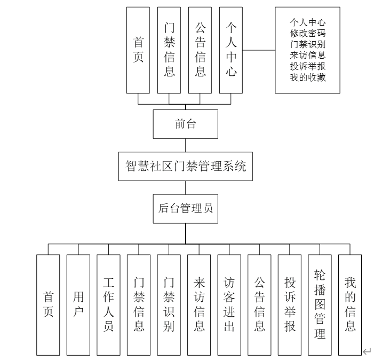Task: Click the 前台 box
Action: pyautogui.click(x=186, y=124)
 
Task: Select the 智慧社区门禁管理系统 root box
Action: pyautogui.click(x=186, y=166)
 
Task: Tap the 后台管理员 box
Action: pyautogui.click(x=186, y=208)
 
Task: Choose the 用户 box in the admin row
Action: pyautogui.click(x=78, y=304)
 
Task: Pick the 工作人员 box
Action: pyautogui.click(x=108, y=304)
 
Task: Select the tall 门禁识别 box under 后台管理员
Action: pyautogui.click(x=169, y=304)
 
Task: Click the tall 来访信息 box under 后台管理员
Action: pyautogui.click(x=199, y=304)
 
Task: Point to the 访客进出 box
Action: pyautogui.click(x=229, y=304)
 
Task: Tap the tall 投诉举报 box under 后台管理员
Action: pyautogui.click(x=290, y=304)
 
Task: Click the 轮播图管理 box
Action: pyautogui.click(x=320, y=304)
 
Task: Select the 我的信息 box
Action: pyautogui.click(x=350, y=304)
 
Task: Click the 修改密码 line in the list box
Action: pyautogui.click(x=307, y=33)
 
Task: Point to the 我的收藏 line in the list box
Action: pyautogui.click(x=307, y=77)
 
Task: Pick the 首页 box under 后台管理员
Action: pyautogui.click(x=48, y=304)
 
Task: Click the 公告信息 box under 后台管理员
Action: pyautogui.click(x=259, y=304)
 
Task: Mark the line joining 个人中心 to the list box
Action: pyautogui.click(x=258, y=50)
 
